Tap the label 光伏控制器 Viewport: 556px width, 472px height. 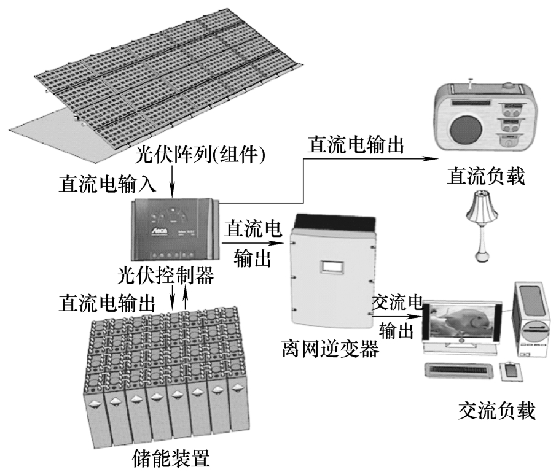click(165, 276)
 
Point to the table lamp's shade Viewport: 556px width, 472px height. click(482, 207)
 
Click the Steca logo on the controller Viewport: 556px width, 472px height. click(154, 232)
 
